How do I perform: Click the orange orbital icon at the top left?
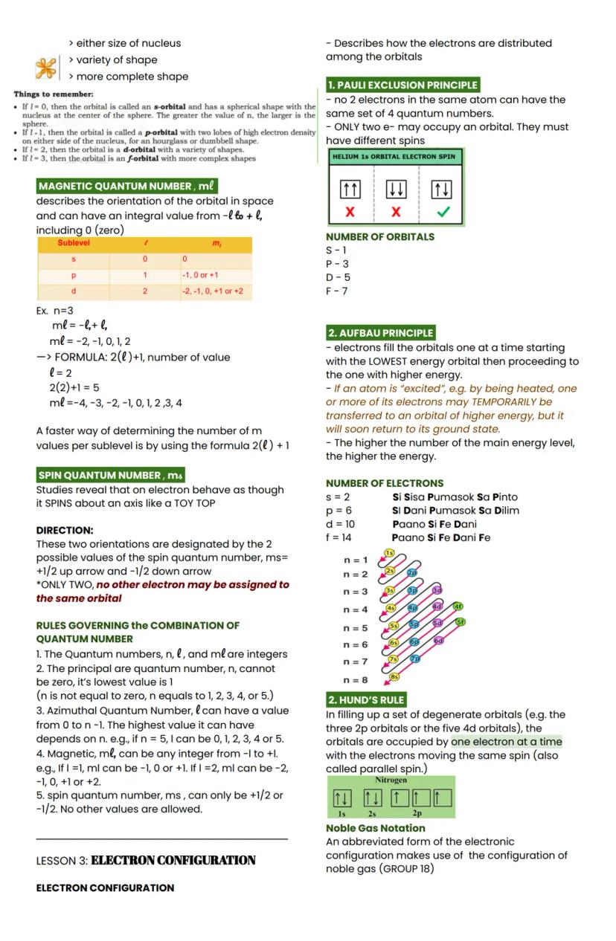click(46, 68)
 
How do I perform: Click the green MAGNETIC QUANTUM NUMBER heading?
click(126, 186)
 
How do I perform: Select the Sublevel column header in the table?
click(74, 244)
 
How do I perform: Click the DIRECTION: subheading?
click(65, 530)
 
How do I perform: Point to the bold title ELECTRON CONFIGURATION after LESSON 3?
click(173, 860)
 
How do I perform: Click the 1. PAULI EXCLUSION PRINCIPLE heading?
click(402, 85)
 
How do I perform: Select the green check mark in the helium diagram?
click(443, 212)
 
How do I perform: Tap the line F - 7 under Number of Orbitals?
click(337, 291)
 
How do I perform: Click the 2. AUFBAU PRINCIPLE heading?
click(380, 333)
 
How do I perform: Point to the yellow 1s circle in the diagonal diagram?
click(389, 553)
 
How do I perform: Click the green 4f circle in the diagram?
click(458, 606)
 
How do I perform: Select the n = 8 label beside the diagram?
click(356, 679)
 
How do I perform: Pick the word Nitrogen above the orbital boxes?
click(391, 780)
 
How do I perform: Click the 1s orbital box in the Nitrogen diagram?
click(341, 799)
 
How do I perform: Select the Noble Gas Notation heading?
click(375, 827)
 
